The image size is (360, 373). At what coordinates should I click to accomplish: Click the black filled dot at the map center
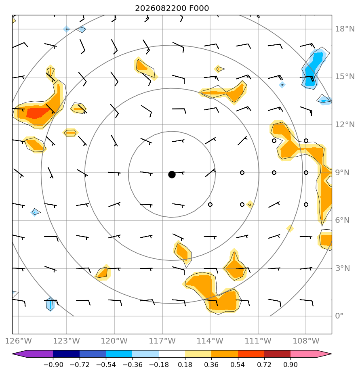tap(172, 175)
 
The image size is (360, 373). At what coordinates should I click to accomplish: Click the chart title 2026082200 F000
tap(172, 8)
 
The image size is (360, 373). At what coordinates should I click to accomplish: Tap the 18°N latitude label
tap(345, 29)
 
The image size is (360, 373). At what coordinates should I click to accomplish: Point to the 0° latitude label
tap(339, 316)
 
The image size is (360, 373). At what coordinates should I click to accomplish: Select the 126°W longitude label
tap(18, 341)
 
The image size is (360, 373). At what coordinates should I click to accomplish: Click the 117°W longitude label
tap(162, 341)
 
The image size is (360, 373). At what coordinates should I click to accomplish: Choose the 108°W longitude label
tap(306, 341)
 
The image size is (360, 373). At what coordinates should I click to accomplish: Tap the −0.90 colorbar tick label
tap(53, 365)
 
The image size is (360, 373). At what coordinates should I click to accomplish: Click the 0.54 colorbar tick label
tap(238, 365)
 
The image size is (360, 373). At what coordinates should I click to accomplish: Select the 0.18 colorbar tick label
tap(185, 365)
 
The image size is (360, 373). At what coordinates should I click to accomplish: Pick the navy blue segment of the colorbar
tap(66, 354)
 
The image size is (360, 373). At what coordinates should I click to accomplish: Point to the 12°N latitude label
tap(345, 124)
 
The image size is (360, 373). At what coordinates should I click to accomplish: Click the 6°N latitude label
tap(342, 220)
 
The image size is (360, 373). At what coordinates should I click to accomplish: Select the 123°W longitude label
tap(66, 341)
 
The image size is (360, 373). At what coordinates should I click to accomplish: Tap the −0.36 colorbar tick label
tap(132, 365)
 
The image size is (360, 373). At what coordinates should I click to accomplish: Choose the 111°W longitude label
tap(258, 341)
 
